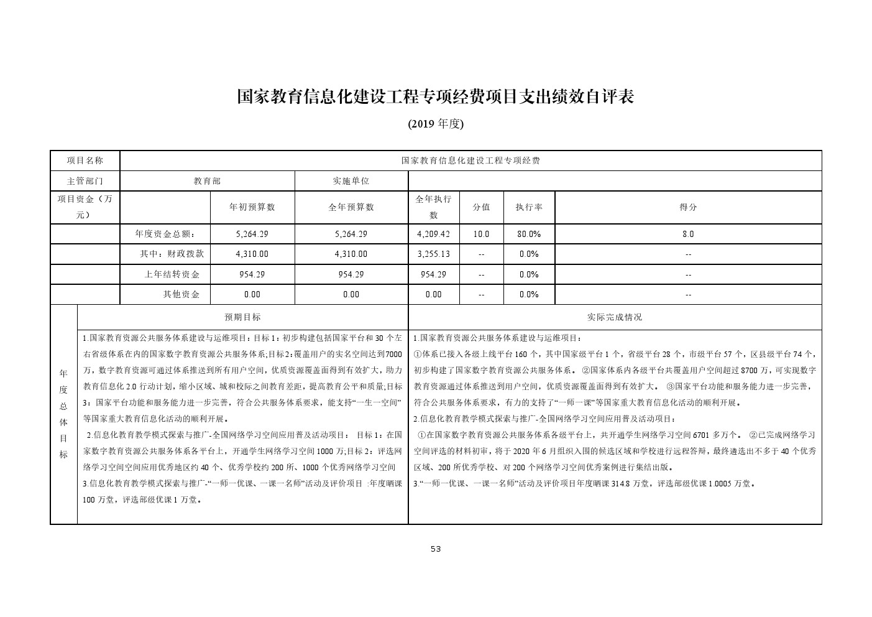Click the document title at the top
436,97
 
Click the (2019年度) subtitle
436,124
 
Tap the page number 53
436,549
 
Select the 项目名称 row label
85,160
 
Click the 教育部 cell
207,181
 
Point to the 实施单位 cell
351,181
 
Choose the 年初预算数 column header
252,207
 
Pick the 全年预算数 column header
351,207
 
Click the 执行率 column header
528,207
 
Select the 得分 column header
688,207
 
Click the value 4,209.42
433,234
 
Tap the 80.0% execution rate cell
528,234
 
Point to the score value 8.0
688,234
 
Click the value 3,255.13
433,254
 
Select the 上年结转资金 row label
172,274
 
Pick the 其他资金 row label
181,294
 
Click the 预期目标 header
242,317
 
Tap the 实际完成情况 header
615,317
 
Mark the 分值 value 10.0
481,234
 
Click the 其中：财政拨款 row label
167,254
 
